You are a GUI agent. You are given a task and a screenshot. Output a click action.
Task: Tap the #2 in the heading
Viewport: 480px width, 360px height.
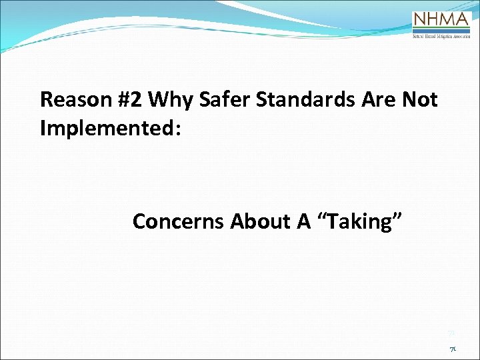click(126, 100)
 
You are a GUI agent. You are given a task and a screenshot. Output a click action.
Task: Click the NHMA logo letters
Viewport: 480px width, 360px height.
click(442, 19)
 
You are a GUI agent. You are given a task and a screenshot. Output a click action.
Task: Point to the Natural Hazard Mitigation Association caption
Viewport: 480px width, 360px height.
click(442, 37)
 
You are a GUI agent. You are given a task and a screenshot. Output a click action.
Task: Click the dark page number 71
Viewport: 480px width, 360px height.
click(452, 348)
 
